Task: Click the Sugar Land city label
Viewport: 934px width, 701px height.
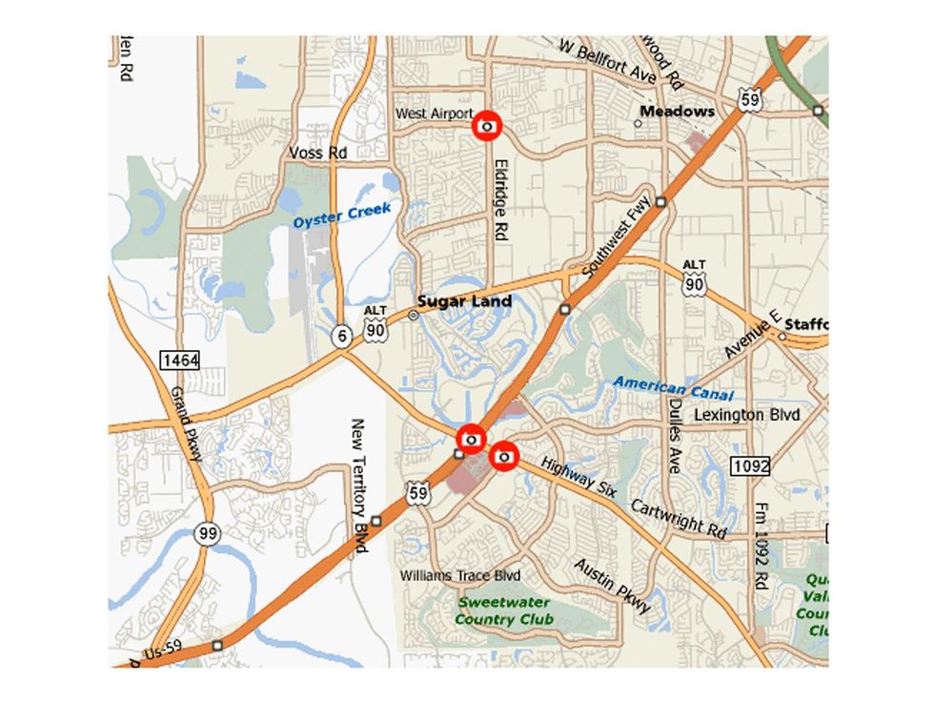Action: point(465,301)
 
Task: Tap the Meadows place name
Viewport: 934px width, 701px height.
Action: point(677,112)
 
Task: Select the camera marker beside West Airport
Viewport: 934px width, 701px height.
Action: point(487,126)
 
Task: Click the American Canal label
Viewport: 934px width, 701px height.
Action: point(673,388)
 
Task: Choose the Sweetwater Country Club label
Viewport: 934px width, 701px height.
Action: point(503,610)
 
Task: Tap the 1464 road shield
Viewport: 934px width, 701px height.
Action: point(179,360)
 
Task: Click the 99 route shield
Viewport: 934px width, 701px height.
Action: point(207,533)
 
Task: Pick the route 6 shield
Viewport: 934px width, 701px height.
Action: point(339,335)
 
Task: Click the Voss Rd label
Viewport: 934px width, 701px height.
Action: point(317,153)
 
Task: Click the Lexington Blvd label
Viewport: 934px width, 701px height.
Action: point(741,415)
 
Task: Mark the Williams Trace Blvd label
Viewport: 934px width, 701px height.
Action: point(460,576)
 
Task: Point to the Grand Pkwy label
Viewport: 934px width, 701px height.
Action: point(186,424)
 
